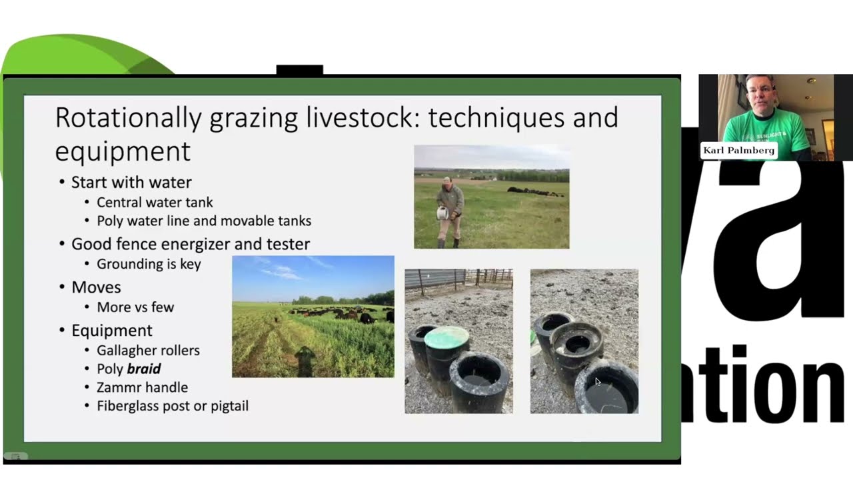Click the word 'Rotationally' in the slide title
128,118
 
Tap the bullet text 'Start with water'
131,182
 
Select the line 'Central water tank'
155,202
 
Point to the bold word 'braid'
144,369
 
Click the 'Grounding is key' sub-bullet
149,264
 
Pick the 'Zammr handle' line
142,387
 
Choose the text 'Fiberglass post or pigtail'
173,405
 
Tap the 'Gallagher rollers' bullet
148,350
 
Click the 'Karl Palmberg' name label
738,151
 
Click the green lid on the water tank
446,337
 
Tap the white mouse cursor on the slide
598,382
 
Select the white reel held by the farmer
441,213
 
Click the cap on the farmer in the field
447,180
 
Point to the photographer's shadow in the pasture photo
306,361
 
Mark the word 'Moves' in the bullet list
96,287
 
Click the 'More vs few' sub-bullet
135,307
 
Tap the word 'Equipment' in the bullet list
112,331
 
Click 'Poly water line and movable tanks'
204,221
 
